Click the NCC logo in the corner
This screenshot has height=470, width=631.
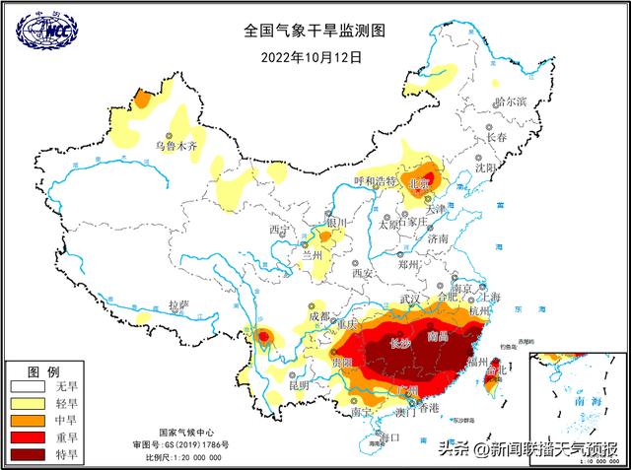pos(43,31)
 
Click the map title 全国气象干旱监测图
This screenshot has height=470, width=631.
pos(315,31)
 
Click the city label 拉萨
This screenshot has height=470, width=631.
pos(178,305)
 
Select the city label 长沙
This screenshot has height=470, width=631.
pos(400,344)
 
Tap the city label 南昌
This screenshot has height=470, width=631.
pos(438,337)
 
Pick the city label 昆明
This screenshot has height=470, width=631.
pos(298,385)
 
